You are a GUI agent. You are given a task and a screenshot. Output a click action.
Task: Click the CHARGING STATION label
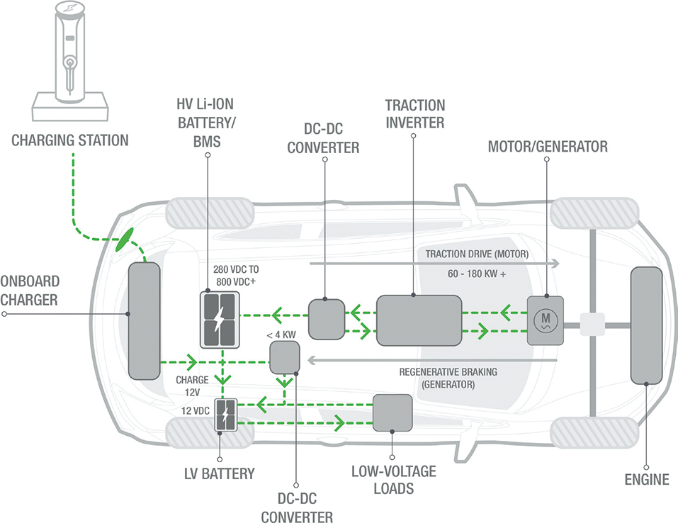[x=70, y=139]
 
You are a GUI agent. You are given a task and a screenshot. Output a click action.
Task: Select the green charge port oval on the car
[x=125, y=238]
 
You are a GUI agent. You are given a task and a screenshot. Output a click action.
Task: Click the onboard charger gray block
[x=144, y=320]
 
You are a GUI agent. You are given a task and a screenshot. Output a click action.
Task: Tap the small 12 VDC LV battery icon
[x=226, y=415]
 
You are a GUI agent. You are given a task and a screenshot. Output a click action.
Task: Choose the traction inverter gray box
[x=419, y=320]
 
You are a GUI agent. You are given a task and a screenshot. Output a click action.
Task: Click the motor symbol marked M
[x=545, y=320]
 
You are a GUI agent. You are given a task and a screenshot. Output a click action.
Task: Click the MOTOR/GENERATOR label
[x=548, y=147]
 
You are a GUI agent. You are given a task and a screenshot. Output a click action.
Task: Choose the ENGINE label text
[x=646, y=480]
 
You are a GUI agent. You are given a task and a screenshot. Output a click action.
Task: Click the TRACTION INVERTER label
[x=414, y=113]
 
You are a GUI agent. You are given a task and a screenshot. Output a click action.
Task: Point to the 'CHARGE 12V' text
[x=192, y=385]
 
